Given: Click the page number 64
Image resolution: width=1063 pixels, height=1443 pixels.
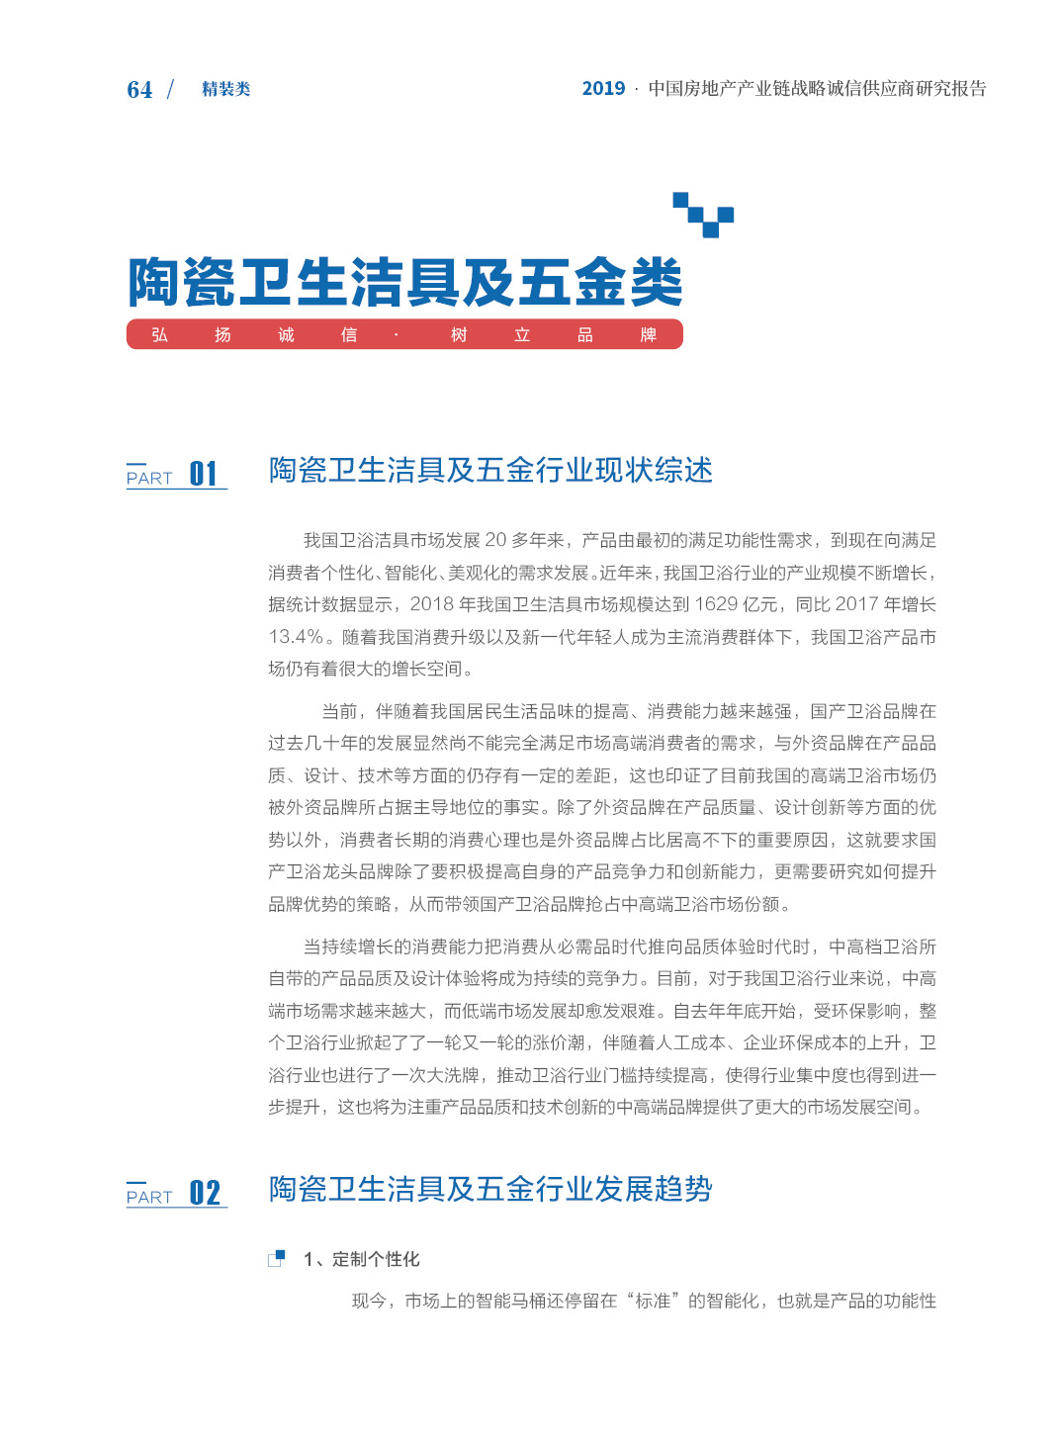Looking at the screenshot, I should click(139, 90).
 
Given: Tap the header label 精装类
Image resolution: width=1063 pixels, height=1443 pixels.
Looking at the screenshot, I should click(225, 89).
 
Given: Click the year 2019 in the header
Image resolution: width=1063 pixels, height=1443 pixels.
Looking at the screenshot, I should click(603, 89).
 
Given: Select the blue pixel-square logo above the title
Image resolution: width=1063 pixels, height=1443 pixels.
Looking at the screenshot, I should click(703, 215).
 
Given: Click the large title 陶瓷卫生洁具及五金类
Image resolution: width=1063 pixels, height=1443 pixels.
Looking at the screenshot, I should click(404, 282).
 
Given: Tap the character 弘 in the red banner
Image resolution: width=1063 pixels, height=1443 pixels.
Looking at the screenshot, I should click(159, 335).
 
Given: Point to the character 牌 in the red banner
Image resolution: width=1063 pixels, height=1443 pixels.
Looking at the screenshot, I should click(649, 335).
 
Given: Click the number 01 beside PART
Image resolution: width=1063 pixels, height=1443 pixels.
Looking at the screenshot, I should click(204, 474).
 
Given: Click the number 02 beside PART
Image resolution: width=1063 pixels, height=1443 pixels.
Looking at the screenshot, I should click(205, 1193).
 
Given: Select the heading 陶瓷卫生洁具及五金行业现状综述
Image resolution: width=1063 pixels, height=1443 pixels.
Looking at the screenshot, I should click(490, 470).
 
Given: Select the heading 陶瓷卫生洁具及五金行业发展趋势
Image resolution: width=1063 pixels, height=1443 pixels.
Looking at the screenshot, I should click(490, 1189).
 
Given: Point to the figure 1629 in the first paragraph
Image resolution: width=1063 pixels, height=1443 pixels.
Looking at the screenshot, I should click(716, 604).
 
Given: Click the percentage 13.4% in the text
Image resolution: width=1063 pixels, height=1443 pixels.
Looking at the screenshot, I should click(296, 637).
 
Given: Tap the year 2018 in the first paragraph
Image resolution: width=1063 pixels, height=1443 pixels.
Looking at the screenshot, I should click(432, 604).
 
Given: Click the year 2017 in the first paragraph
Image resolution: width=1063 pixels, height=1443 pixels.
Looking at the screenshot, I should click(857, 604).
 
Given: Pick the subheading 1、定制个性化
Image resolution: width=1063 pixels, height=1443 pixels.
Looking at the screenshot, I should click(362, 1259).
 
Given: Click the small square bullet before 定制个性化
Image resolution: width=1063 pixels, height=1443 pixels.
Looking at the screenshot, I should click(277, 1259).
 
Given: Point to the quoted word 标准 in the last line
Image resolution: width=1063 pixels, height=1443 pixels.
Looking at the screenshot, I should click(653, 1301).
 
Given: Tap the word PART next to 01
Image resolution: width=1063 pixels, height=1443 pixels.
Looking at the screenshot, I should click(149, 479).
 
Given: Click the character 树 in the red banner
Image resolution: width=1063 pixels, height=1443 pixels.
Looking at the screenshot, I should click(459, 335).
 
